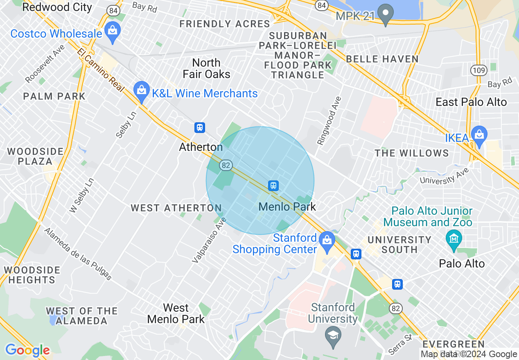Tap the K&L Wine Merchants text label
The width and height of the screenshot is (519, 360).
point(205,94)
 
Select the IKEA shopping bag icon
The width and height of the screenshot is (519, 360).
point(478,134)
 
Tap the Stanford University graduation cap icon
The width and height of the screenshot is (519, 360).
point(333,335)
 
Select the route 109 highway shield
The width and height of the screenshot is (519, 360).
point(478,70)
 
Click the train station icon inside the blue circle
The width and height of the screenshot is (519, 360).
point(274,186)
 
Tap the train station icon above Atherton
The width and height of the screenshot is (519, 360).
point(200,128)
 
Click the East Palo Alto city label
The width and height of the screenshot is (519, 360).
point(471,102)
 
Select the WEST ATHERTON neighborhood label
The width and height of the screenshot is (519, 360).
point(176,208)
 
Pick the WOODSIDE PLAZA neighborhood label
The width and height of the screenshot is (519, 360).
point(35,156)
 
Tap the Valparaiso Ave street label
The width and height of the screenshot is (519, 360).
point(210,240)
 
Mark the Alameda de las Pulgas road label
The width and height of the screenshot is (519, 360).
point(78,254)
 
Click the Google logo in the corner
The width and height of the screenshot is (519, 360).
point(27,350)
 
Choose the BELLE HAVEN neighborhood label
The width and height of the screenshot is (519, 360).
point(382,59)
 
